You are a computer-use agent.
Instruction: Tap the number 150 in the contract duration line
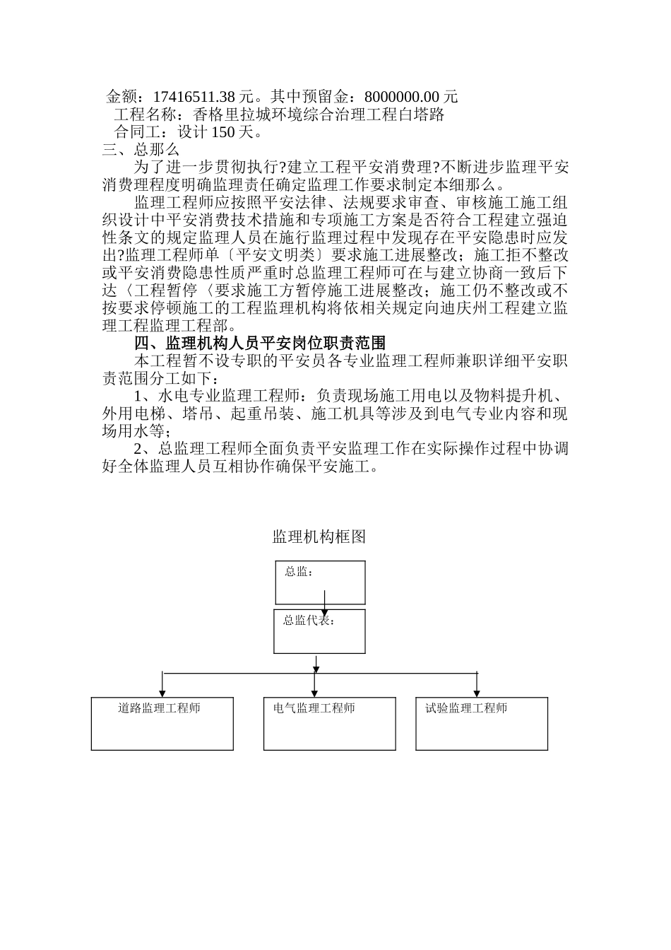[223, 132]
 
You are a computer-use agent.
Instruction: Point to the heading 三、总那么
[141, 150]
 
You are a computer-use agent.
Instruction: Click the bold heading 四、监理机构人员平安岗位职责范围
[260, 344]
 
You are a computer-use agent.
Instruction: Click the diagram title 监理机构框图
[319, 537]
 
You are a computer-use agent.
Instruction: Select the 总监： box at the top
[320, 582]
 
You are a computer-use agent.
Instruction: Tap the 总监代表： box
[320, 631]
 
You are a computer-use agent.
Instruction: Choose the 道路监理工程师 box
[162, 723]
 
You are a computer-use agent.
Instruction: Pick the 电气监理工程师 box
[329, 723]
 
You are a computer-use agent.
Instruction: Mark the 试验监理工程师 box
[482, 723]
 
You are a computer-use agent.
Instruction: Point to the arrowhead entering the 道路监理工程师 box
[163, 693]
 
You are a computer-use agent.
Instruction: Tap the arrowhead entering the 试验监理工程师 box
[477, 693]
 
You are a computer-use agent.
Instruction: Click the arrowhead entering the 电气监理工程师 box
[314, 693]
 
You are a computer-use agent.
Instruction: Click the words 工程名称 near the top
[144, 115]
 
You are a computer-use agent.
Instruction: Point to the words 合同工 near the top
[138, 132]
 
